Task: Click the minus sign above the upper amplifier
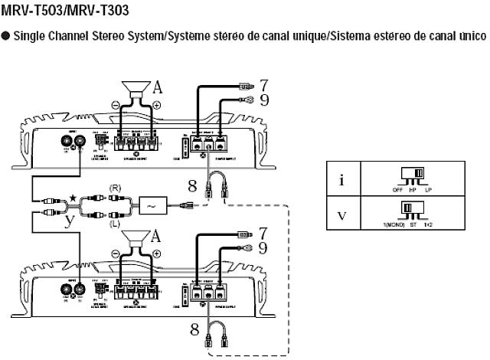116,105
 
